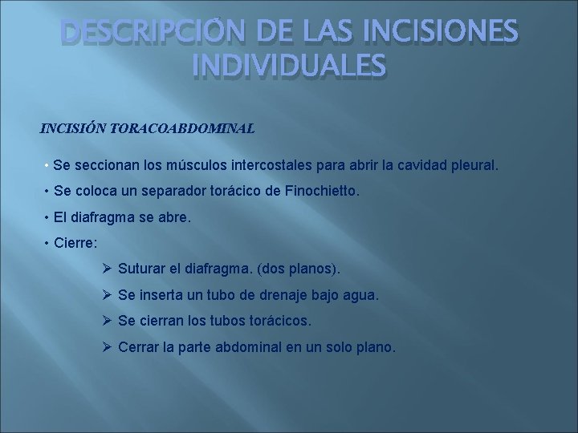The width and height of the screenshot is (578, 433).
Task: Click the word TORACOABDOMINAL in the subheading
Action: [x=182, y=127]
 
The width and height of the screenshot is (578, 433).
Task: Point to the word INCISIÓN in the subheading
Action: [x=73, y=127]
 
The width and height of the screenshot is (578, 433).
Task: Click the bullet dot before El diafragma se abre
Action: [x=48, y=218]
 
